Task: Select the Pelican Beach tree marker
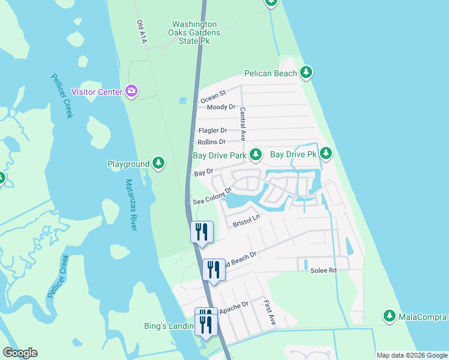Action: (307, 73)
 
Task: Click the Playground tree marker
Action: (158, 163)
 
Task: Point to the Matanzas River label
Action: (131, 205)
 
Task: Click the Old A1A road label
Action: (142, 32)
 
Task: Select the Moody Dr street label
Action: (220, 107)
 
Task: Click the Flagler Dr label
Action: (212, 130)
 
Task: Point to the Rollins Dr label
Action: (211, 142)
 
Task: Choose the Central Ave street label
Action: (243, 124)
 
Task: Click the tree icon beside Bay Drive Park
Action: (255, 155)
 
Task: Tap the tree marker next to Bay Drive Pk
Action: (326, 154)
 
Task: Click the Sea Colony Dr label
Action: (212, 196)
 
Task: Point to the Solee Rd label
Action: (323, 271)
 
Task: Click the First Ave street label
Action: (269, 313)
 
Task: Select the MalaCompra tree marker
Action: (390, 316)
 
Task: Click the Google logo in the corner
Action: (20, 353)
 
